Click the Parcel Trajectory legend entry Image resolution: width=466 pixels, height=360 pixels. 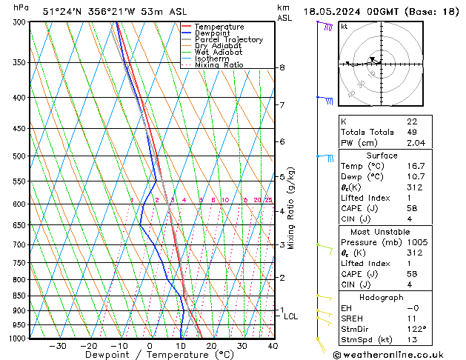pos(227,39)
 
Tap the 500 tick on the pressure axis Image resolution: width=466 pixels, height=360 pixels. pos(20,156)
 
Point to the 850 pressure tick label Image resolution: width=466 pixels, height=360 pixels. pos(20,296)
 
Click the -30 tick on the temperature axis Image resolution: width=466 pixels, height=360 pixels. pos(58,346)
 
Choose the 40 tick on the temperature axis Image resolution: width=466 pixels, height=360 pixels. pos(273,346)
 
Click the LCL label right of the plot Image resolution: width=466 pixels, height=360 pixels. pos(291,316)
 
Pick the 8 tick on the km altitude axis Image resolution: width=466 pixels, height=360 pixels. pos(282,67)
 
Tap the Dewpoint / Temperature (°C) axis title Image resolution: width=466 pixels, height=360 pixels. pos(150,356)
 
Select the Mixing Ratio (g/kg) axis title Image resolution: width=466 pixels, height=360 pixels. pos(291,208)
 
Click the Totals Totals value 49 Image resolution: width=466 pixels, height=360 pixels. pos(412,132)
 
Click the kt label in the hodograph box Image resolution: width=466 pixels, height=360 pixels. pos(344,26)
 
